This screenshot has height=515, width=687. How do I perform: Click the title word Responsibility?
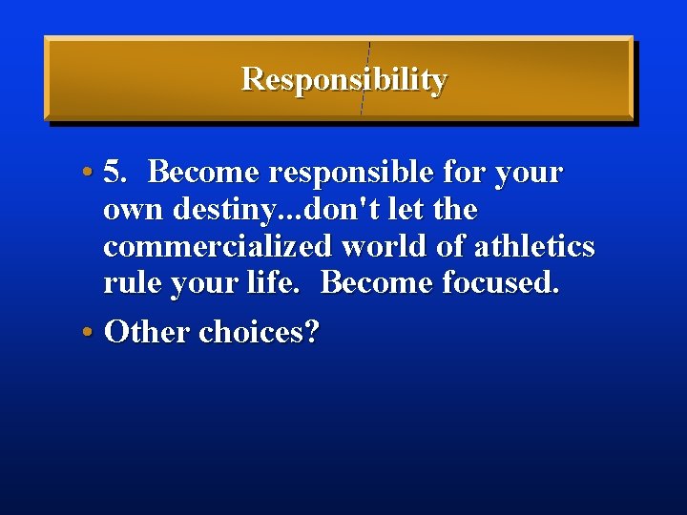pyautogui.click(x=343, y=79)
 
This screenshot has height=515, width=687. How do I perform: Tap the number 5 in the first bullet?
pyautogui.click(x=114, y=173)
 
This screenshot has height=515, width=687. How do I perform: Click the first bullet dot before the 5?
pyautogui.click(x=87, y=174)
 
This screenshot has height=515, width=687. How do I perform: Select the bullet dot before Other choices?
pyautogui.click(x=87, y=332)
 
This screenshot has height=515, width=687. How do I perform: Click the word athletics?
pyautogui.click(x=534, y=247)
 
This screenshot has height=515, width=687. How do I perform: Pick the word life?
pyautogui.click(x=286, y=283)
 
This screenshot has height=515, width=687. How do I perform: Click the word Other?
pyautogui.click(x=147, y=332)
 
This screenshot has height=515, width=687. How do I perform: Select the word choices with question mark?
pyautogui.click(x=260, y=332)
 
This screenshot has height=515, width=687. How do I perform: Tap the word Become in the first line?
pyautogui.click(x=204, y=173)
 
